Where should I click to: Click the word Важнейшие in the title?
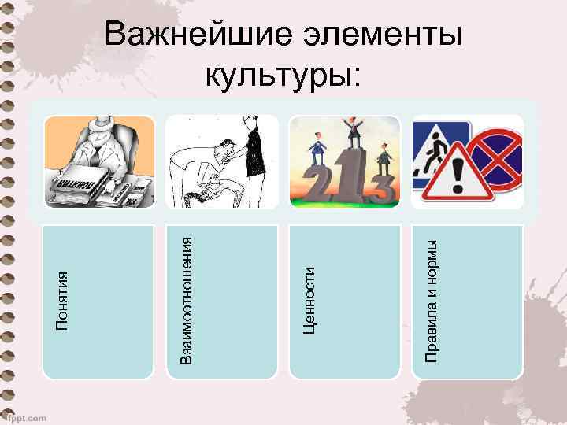(186, 37)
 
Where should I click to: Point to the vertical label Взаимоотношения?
(187, 301)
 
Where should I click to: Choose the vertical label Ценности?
(309, 299)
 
